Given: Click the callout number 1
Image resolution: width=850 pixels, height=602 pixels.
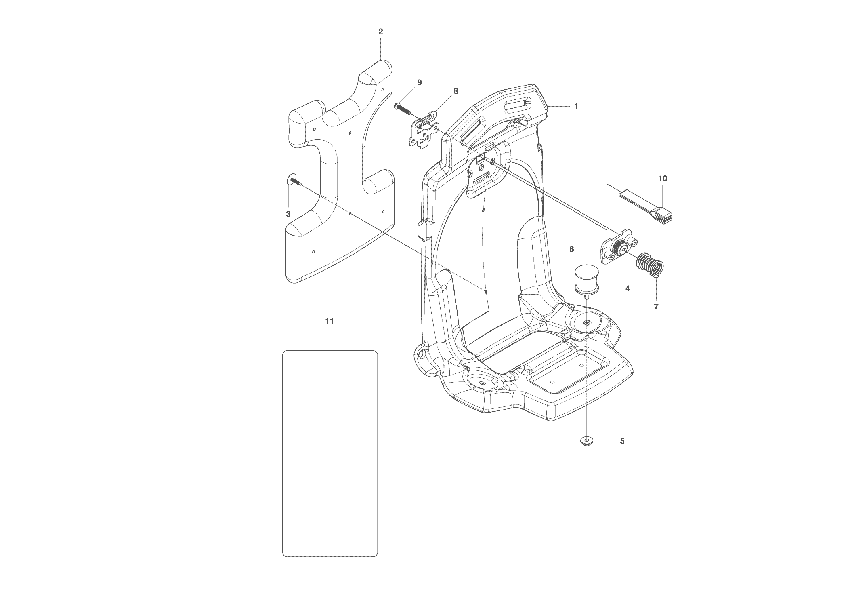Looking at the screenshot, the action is click(576, 107).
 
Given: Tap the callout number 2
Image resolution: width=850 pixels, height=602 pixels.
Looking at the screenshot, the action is click(380, 32).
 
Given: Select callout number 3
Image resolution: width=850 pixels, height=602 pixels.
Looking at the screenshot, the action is click(288, 214).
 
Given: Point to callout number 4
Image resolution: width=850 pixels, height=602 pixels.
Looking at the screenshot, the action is click(628, 288).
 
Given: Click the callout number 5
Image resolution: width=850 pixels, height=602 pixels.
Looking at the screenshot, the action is click(622, 441).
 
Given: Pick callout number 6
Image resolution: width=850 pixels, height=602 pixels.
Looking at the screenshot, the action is click(571, 249).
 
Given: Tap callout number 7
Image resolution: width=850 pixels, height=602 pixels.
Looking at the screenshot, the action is click(656, 307).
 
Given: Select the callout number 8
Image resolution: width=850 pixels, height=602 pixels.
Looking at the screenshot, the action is click(456, 91).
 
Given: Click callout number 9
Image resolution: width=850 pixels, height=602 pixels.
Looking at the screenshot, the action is click(419, 82).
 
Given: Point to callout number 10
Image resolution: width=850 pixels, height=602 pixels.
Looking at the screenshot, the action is click(663, 179).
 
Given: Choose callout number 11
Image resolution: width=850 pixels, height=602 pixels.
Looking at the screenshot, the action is click(330, 321).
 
